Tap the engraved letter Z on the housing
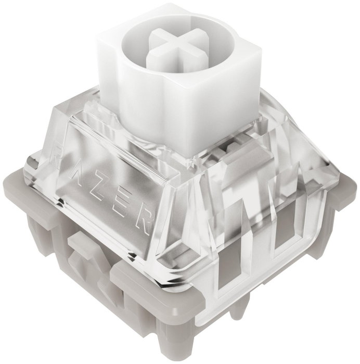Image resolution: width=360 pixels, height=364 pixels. pyautogui.click(x=100, y=192)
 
